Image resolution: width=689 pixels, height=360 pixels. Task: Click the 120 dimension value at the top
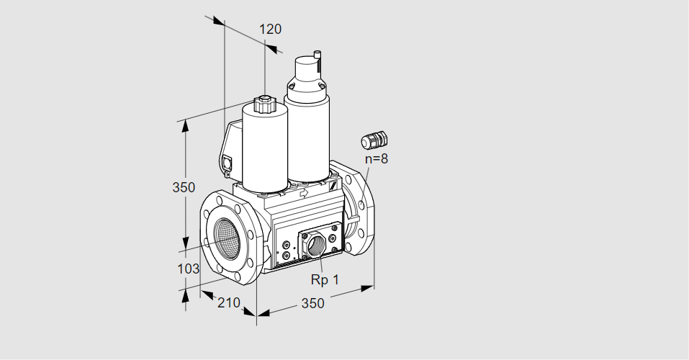pyautogui.click(x=270, y=29)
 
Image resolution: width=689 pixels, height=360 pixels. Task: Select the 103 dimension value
pyautogui.click(x=188, y=269)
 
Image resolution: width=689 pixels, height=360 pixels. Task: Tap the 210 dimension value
pyautogui.click(x=229, y=302)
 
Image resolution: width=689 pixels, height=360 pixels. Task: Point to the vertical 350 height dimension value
pyautogui.click(x=184, y=187)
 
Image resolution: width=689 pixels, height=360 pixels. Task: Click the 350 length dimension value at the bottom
pyautogui.click(x=312, y=303)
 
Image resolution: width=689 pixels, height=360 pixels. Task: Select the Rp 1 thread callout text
pyautogui.click(x=325, y=279)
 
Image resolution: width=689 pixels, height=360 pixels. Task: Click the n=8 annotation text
pyautogui.click(x=377, y=158)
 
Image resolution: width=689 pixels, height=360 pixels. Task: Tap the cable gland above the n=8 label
pyautogui.click(x=374, y=140)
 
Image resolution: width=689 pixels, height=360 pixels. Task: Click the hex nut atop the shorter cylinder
pyautogui.click(x=264, y=104)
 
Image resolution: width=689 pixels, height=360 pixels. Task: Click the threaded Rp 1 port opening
pyautogui.click(x=315, y=244)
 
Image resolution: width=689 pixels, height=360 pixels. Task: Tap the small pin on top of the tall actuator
pyautogui.click(x=318, y=55)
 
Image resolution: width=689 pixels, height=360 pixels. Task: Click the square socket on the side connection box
pyautogui.click(x=228, y=162)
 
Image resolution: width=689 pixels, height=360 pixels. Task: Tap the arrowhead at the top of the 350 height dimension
pyautogui.click(x=186, y=125)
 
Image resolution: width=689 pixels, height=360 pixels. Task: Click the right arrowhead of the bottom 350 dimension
pyautogui.click(x=367, y=288)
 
